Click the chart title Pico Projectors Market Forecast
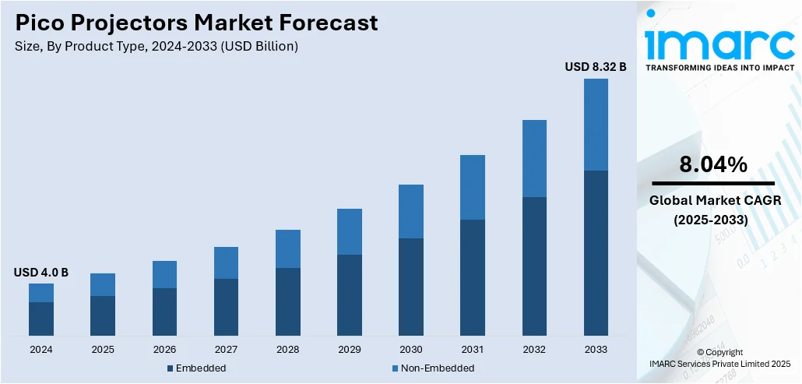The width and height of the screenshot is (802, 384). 196,23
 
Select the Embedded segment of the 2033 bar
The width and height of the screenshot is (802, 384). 596,253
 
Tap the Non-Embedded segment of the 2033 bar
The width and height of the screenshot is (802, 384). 596,125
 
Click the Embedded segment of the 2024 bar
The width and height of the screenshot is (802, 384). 41,319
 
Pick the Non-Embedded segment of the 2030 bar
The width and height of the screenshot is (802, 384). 411,211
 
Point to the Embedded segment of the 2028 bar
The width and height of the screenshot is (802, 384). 288,301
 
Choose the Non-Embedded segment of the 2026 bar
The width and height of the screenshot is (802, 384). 164,274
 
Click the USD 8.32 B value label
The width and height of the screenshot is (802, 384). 596,67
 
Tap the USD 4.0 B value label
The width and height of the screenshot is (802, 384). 41,273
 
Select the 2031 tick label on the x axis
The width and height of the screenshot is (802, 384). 473,349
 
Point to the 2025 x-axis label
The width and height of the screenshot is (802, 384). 103,349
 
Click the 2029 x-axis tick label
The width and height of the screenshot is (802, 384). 350,349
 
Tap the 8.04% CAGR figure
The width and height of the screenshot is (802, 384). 713,164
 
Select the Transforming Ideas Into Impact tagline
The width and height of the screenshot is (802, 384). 720,68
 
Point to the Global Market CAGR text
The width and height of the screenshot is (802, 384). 710,202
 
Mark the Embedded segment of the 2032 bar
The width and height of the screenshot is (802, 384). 534,266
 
